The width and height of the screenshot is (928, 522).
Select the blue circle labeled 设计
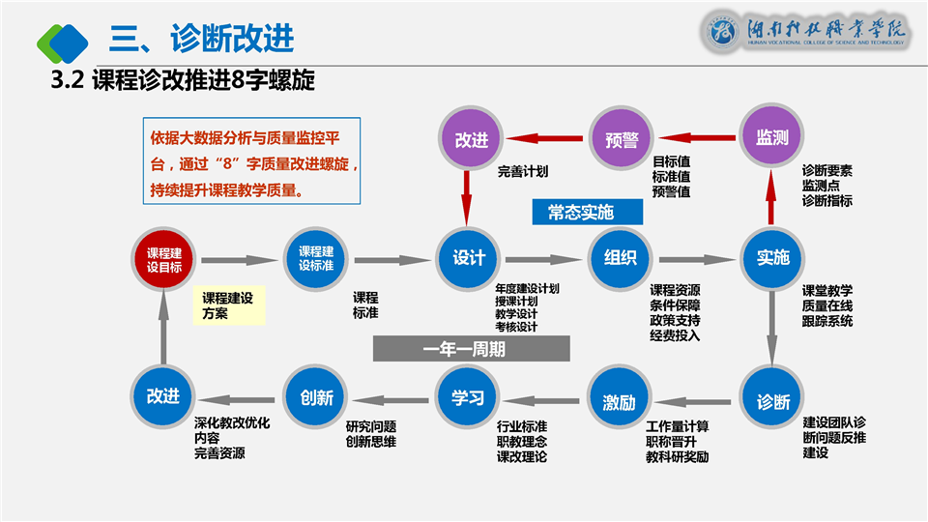468,258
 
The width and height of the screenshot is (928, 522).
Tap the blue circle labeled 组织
621,258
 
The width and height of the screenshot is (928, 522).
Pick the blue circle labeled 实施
772,258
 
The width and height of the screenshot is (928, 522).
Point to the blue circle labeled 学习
468,397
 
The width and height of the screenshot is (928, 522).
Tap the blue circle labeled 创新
316,397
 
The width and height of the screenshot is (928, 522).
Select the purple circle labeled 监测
772,138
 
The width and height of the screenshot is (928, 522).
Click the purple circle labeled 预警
621,138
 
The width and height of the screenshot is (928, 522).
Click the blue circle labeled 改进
164,397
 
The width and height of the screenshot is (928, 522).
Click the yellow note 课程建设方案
228,305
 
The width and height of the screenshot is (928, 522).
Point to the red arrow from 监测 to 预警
697,138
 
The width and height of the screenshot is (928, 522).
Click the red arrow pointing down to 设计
468,196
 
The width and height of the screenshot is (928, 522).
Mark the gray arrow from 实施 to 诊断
772,329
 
